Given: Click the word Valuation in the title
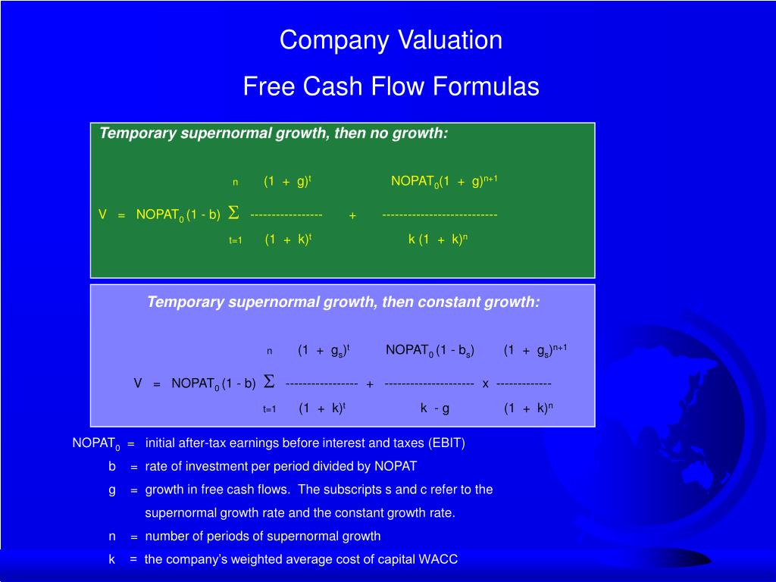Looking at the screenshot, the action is point(450,39).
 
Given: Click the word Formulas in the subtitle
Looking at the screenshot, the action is point(486,86).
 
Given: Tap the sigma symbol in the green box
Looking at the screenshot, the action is point(233,213).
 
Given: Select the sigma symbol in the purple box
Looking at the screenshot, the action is point(269,382).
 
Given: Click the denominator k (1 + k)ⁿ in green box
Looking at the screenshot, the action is point(437,239).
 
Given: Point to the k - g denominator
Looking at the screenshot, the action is point(435,408).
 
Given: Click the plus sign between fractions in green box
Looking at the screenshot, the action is point(352,216).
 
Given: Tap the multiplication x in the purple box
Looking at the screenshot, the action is point(486,384).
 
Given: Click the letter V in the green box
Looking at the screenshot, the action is point(102,214).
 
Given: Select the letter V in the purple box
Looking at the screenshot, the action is point(138,383).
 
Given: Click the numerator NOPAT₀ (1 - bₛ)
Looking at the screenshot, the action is point(430,350).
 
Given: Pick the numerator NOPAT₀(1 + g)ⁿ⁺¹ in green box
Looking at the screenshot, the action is point(444,181).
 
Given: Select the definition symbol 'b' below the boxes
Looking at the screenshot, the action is point(112,466).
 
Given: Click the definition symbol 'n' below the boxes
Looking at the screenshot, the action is point(112,537).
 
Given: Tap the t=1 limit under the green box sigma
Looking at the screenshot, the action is point(236,240).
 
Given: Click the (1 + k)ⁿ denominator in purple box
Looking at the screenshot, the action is point(528,408).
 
